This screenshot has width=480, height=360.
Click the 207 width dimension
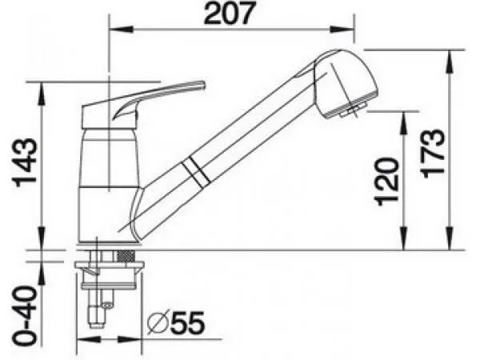[x=229, y=14]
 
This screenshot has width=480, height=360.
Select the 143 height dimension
[x=25, y=163]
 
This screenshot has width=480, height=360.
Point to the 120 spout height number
[x=387, y=182]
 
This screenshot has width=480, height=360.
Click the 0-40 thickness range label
[x=25, y=316]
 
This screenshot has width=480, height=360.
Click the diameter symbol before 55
[x=158, y=323]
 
